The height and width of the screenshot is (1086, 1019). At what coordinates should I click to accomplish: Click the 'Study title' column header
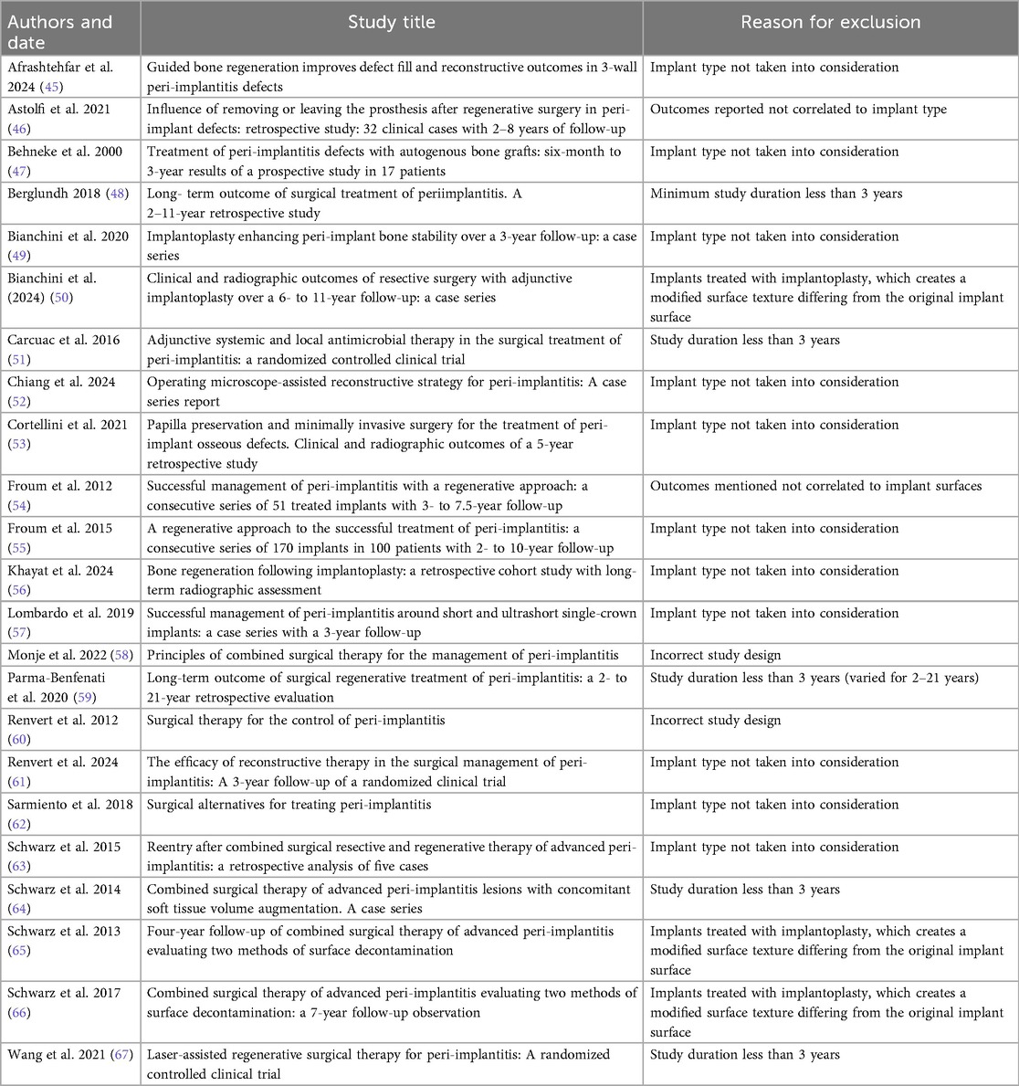[x=391, y=22]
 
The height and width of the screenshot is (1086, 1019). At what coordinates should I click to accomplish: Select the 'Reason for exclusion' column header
[x=830, y=22]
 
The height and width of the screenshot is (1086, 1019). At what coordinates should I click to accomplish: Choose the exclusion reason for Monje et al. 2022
[x=715, y=654]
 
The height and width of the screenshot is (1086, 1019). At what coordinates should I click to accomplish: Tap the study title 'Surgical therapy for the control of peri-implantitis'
[x=297, y=720]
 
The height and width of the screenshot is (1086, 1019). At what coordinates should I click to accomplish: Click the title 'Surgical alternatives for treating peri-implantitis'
[x=289, y=805]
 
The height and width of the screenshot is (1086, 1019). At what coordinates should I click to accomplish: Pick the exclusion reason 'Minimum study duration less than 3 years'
[x=776, y=193]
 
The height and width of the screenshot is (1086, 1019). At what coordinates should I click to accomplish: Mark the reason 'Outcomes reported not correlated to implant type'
[x=798, y=109]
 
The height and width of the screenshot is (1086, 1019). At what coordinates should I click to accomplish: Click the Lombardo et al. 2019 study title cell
[x=392, y=622]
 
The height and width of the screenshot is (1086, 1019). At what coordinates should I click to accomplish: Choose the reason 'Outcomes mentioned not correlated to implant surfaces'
[x=815, y=486]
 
